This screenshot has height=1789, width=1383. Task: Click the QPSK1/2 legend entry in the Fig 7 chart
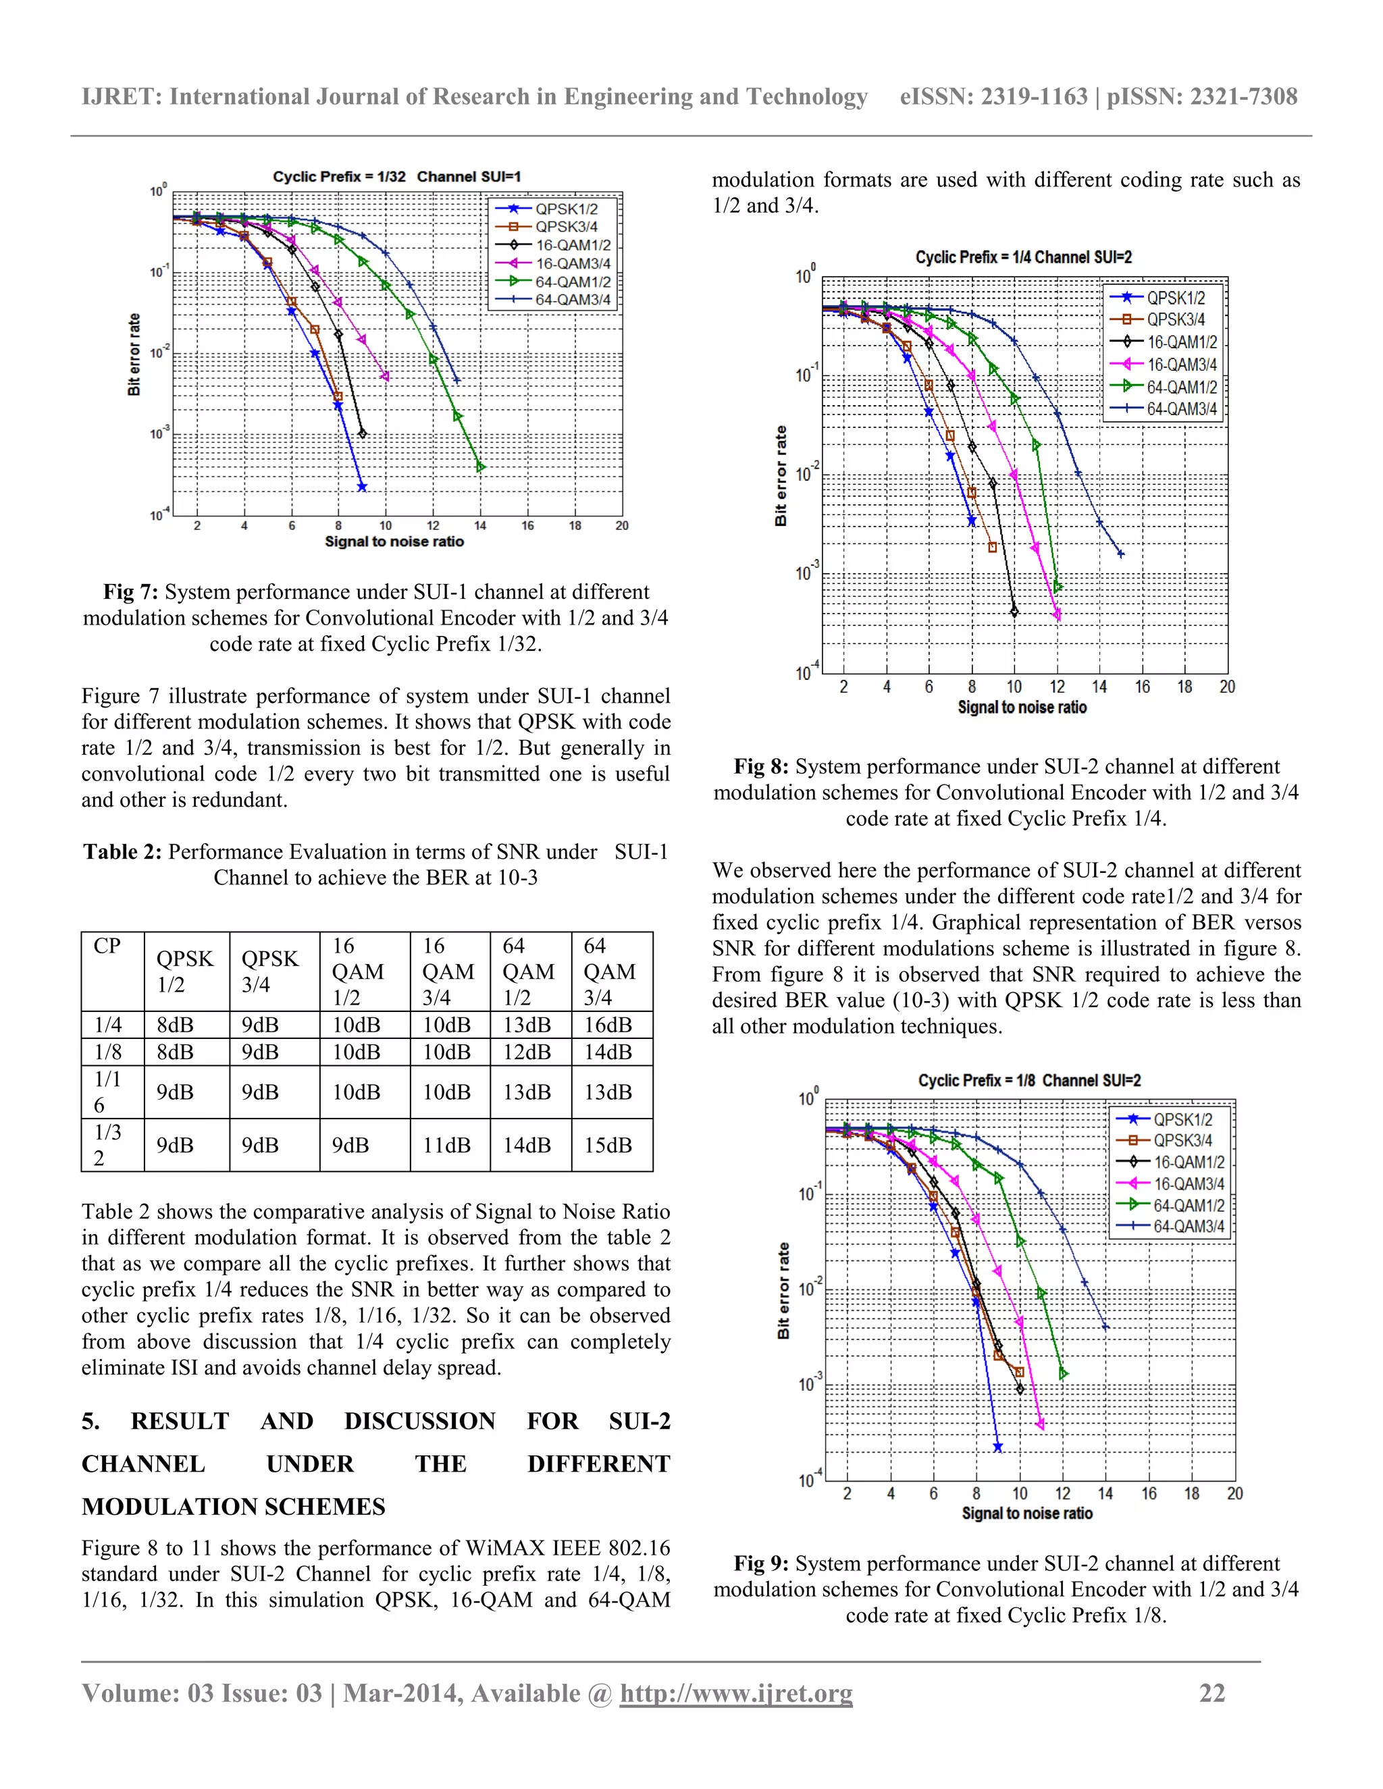point(565,209)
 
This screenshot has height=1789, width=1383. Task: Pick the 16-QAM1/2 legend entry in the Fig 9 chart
point(1188,1162)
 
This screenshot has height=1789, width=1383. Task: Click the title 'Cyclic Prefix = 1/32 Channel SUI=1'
point(396,177)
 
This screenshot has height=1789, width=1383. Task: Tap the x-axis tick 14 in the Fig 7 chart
point(480,526)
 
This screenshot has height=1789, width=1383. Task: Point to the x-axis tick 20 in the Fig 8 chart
point(1226,687)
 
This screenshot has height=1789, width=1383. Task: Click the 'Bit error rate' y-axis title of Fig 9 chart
point(783,1290)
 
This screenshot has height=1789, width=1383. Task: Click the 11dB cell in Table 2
point(446,1144)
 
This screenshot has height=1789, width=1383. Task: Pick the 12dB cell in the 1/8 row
point(527,1052)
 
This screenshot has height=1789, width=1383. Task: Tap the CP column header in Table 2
point(107,946)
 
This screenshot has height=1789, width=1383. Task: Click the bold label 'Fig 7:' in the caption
point(130,592)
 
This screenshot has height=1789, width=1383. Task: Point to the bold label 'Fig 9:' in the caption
point(761,1564)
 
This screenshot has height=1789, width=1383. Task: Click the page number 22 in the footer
point(1211,1693)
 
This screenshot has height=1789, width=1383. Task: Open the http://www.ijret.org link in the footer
point(736,1693)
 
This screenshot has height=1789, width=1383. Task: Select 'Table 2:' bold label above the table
point(122,852)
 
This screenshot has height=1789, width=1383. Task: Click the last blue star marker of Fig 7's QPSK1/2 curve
point(362,487)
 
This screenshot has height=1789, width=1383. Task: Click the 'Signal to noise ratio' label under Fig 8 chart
point(1022,707)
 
